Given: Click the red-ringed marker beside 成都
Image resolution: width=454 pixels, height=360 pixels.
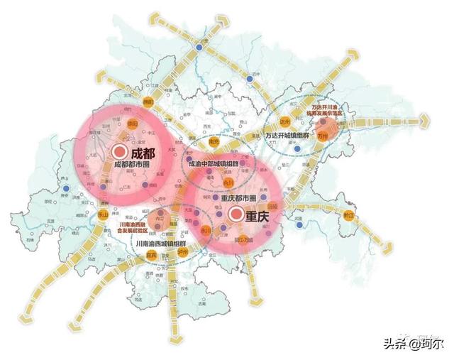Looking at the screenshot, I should click(x=119, y=151).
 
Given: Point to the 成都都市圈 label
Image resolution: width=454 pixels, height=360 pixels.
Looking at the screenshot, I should click(x=131, y=165).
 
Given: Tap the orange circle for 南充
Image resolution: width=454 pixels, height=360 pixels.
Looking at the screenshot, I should click(x=213, y=142).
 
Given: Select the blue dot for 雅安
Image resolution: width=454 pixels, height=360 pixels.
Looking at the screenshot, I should click(x=66, y=189).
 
